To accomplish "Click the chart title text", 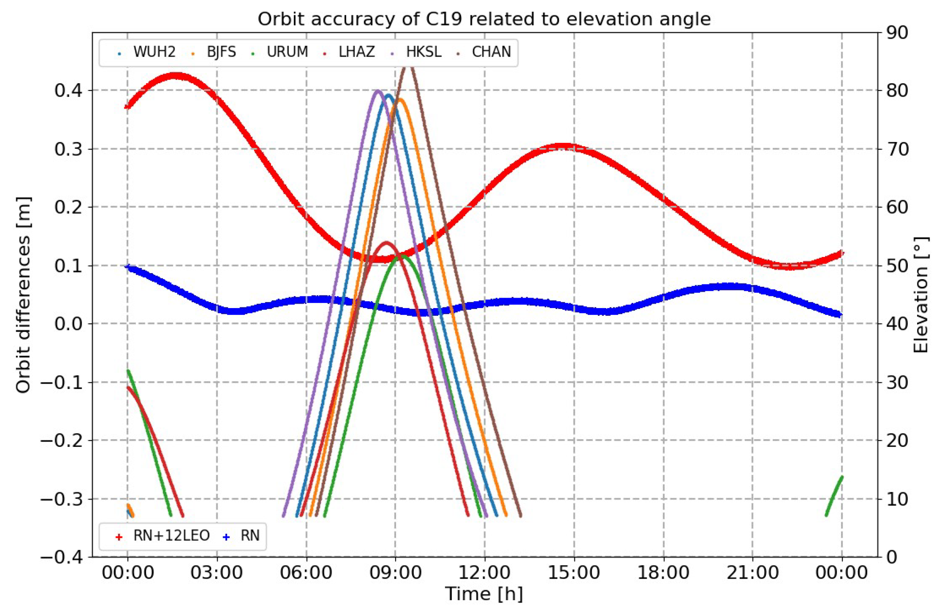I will pos(484,19).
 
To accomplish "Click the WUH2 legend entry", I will pos(154,52).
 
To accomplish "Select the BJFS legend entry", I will pos(221,52).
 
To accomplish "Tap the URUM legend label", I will pos(287,52).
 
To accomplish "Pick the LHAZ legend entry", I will pos(356,52).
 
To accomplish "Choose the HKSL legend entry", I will pos(423,52).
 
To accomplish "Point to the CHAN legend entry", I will pos(491,52).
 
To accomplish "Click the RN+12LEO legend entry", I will pos(171,536).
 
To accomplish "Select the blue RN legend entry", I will pos(249,536).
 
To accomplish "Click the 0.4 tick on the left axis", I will pos(68,91).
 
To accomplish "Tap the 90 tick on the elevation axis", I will pos(897,33).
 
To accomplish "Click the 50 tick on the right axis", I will pos(897,266).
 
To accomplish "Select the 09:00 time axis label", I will pos(395,572).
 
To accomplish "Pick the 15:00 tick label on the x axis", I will pos(574,572).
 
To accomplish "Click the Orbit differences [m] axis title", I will pos(23,294).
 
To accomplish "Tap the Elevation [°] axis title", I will pos(920,294).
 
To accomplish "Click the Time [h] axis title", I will pos(484,594).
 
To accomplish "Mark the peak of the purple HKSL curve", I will pos(377,91).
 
